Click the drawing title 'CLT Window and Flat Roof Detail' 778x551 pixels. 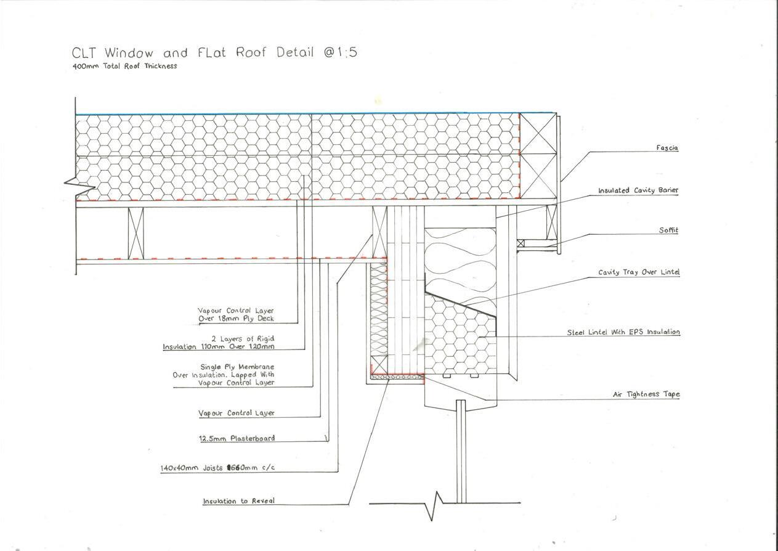(x=214, y=52)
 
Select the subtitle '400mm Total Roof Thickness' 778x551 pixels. (x=124, y=66)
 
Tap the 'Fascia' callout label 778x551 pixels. (x=667, y=148)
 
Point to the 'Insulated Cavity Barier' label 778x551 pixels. (x=638, y=190)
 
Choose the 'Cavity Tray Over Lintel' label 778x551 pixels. (x=639, y=272)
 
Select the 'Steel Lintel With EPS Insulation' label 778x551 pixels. (x=623, y=332)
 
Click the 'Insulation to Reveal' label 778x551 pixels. (x=239, y=501)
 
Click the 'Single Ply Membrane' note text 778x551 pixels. (x=237, y=367)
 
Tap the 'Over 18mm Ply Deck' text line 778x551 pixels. (x=236, y=319)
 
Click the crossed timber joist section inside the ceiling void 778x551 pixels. (x=136, y=233)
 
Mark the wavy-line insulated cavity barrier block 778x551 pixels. (x=460, y=259)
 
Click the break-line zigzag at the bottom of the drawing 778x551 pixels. (x=437, y=504)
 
